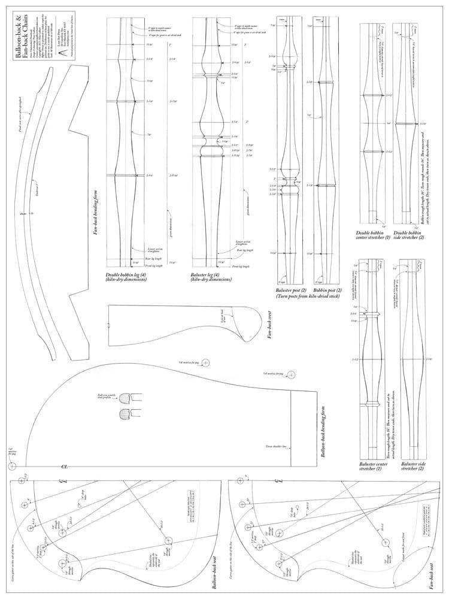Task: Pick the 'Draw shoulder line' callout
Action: pos(276,446)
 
